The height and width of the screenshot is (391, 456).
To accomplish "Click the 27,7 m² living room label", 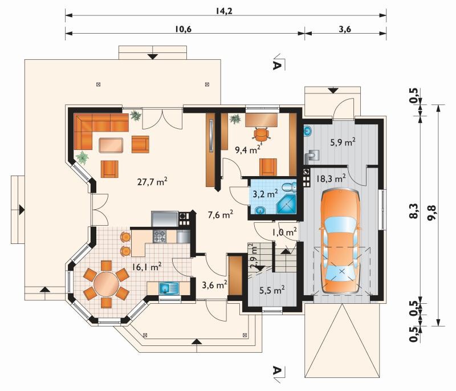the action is (x=152, y=182).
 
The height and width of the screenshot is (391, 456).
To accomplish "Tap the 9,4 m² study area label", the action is (x=247, y=150).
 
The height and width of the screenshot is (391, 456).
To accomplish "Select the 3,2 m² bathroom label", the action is (x=265, y=194).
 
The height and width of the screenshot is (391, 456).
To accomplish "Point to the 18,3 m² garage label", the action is (x=331, y=178).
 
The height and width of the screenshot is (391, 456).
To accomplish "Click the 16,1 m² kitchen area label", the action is (x=147, y=267).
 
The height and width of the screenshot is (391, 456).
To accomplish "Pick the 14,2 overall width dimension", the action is (x=224, y=11).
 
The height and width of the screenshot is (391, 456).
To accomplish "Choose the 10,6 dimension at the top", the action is (x=184, y=29).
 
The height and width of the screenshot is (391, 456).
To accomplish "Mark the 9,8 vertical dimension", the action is (x=431, y=213).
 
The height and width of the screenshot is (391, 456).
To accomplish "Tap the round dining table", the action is (x=107, y=282).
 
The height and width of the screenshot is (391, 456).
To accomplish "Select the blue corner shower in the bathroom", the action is (x=287, y=204).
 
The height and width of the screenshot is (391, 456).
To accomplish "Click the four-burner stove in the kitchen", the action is (x=160, y=237).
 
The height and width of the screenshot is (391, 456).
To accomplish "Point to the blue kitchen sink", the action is (x=169, y=288).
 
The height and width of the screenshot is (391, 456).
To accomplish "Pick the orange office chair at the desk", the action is (x=262, y=135).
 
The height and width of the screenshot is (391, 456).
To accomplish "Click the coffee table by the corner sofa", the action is (x=111, y=145).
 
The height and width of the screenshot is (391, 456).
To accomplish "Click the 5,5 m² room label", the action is (x=272, y=290).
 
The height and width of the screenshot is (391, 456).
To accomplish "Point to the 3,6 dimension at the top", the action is (x=345, y=29).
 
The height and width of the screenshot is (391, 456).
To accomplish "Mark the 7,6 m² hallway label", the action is (x=221, y=215).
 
